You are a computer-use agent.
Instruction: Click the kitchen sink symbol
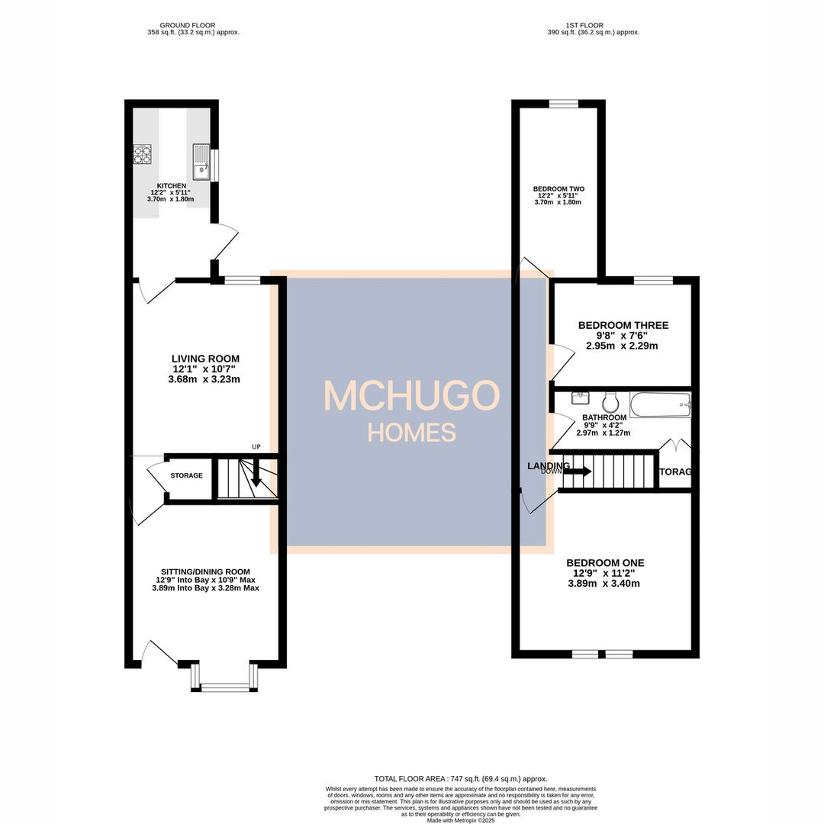pos(200,162)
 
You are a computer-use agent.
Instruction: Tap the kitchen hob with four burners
pos(143,155)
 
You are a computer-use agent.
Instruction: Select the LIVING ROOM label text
pos(205,359)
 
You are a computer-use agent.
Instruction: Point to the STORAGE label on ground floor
pos(187,475)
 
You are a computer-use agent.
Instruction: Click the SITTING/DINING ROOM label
pos(205,571)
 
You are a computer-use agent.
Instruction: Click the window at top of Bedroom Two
pos(563,104)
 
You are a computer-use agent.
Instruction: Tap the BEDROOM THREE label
pos(623,325)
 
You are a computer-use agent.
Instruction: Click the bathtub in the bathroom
pos(660,404)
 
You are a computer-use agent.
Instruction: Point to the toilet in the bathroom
pos(610,401)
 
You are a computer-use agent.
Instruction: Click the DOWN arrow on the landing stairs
pos(577,472)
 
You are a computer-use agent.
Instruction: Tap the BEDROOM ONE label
pos(606,563)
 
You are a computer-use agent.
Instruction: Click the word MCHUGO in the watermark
pos(411,396)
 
